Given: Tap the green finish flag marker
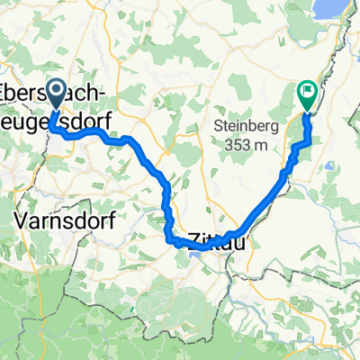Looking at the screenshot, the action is pyautogui.click(x=307, y=90).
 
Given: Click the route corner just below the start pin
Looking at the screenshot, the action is pyautogui.click(x=55, y=131).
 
